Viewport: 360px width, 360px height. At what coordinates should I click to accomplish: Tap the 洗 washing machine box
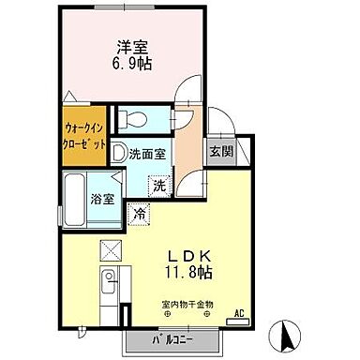pyautogui.click(x=160, y=185)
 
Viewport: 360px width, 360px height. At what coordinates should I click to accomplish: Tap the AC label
pyautogui.click(x=238, y=313)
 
